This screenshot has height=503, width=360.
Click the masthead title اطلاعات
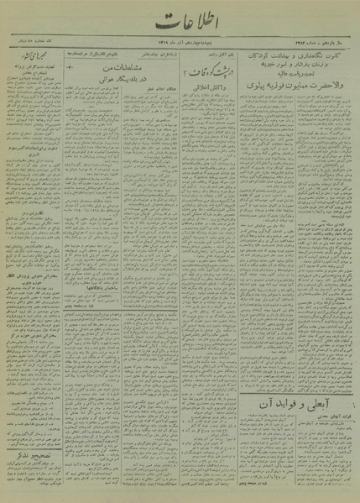(x=180, y=26)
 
